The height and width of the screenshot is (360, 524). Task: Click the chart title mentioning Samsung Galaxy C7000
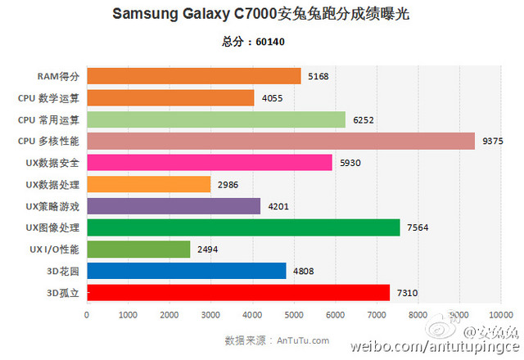tap(262, 14)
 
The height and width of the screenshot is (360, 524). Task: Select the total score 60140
tap(262, 42)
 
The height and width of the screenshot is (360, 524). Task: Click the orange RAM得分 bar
tap(193, 76)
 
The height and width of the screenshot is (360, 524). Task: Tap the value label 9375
tap(493, 141)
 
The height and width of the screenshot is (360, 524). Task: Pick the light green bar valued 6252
tap(215, 119)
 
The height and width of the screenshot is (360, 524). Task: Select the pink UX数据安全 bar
tap(209, 163)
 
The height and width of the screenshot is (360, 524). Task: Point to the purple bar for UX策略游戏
tap(173, 205)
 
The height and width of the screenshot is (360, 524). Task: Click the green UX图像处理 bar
tap(242, 227)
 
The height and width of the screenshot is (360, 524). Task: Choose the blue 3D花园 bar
tap(186, 271)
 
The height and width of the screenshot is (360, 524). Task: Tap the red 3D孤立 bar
tap(237, 292)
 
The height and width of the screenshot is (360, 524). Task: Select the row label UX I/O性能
tap(52, 249)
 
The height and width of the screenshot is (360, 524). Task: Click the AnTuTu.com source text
tap(277, 340)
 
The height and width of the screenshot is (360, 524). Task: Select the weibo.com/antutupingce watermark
tap(436, 348)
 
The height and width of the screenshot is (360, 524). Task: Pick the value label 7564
tap(418, 227)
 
